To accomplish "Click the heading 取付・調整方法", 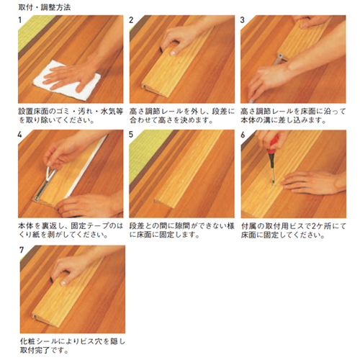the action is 45,7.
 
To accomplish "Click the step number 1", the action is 20,20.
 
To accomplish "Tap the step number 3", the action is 243,20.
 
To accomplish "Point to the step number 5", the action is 131,135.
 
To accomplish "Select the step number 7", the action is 22,250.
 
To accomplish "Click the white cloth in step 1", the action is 66,81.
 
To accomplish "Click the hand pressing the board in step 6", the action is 312,182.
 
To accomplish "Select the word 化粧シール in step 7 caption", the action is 39,341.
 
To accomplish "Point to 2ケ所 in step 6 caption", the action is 321,226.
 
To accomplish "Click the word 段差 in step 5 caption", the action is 137,226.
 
